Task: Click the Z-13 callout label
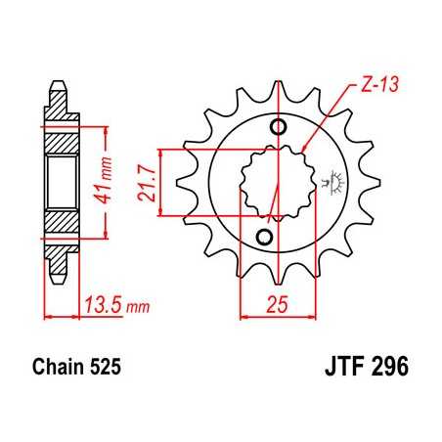pos(371,85)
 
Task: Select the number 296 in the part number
pos(387,371)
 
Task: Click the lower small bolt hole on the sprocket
pos(263,238)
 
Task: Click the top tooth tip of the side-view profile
pos(58,87)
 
